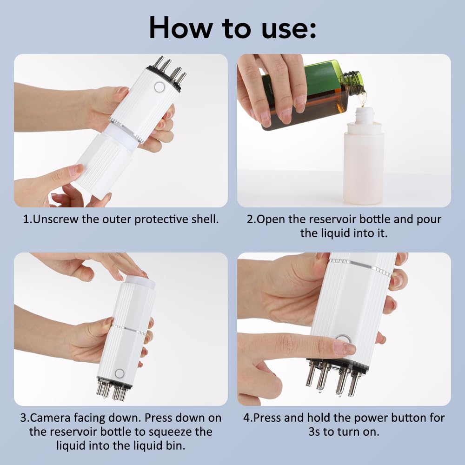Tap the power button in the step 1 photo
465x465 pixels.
point(159,87)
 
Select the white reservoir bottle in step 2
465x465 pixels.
point(363,167)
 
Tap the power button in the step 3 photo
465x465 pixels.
point(119,373)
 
